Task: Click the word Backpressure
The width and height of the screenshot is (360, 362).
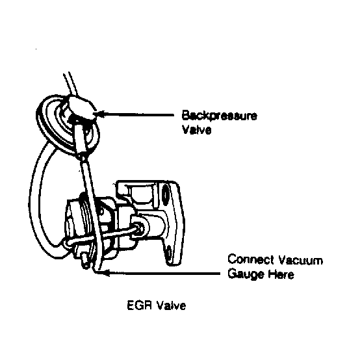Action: [219, 116]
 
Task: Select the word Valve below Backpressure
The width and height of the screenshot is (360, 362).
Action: [197, 129]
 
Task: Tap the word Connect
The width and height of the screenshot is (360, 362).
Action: [251, 259]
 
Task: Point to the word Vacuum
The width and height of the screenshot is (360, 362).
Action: [300, 260]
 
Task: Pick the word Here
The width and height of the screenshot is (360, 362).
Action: [281, 274]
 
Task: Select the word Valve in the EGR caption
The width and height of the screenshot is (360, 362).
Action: [172, 305]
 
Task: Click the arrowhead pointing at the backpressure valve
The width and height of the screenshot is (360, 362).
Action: [99, 114]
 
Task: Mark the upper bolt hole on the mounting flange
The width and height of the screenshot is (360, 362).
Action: [165, 195]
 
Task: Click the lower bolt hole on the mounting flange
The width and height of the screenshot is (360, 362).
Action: [169, 252]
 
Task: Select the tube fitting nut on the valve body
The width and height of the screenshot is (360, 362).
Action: [138, 227]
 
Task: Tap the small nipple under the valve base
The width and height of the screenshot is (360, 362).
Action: [85, 261]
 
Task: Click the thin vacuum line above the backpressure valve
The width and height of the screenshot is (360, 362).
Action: [70, 84]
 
